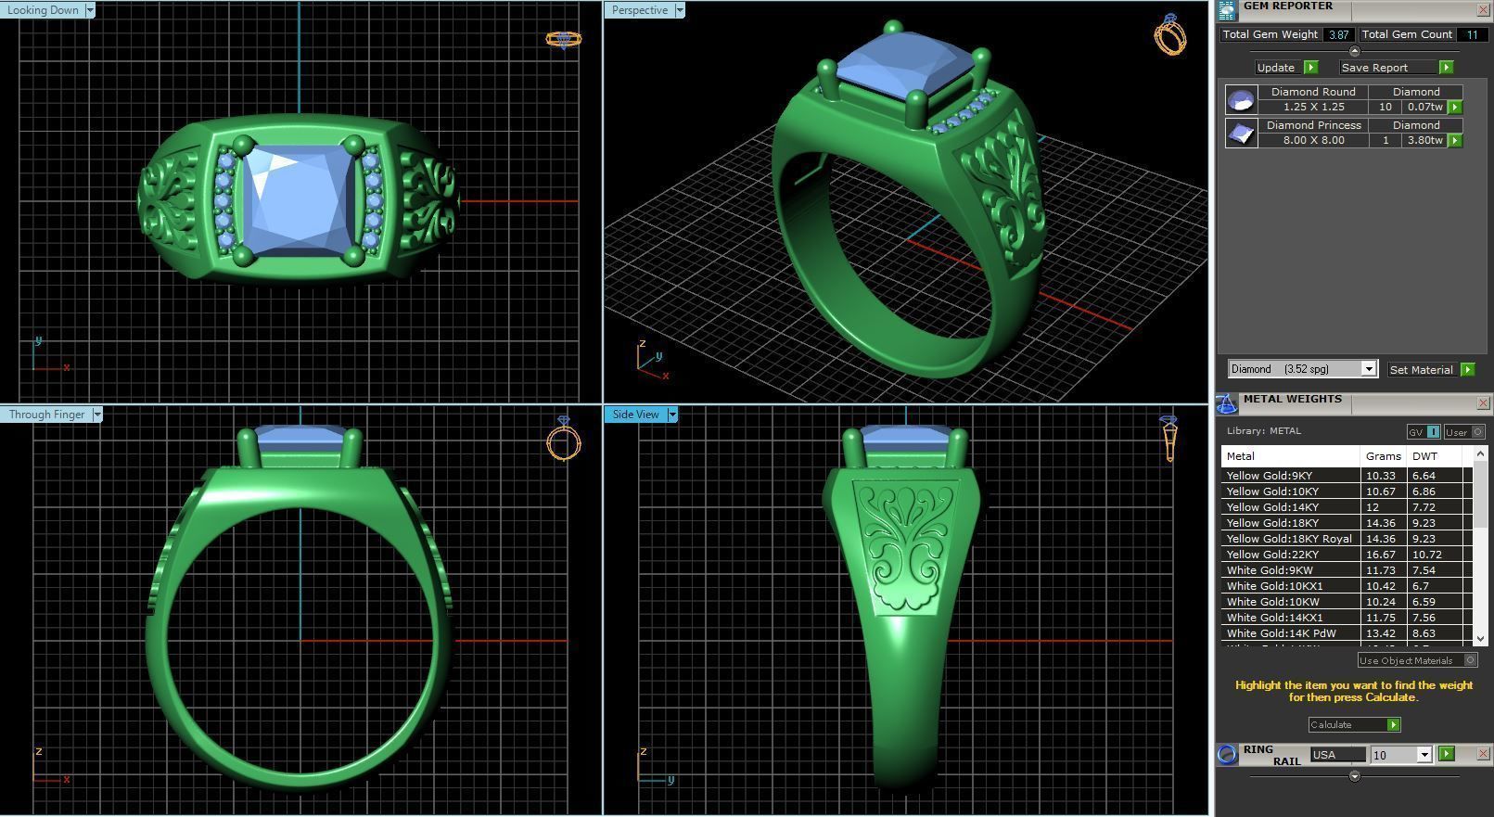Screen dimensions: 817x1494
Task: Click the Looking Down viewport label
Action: (x=43, y=10)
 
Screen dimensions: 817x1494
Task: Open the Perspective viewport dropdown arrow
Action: (x=680, y=10)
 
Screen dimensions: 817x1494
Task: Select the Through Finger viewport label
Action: (x=46, y=415)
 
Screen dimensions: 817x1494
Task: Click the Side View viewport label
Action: (x=635, y=415)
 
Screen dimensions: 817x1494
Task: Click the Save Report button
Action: (x=1375, y=68)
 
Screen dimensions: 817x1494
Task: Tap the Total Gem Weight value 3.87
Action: (x=1338, y=34)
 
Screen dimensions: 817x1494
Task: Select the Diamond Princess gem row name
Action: (x=1313, y=125)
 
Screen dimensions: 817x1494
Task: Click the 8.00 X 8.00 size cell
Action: (x=1313, y=140)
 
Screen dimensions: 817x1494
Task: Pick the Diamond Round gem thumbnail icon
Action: (x=1241, y=99)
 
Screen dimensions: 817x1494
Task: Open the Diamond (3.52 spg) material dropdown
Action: (x=1368, y=369)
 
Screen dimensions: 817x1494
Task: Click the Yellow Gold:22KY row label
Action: (x=1272, y=555)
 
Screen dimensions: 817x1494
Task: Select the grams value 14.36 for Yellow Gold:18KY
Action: (x=1380, y=523)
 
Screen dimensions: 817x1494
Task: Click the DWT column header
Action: (x=1424, y=456)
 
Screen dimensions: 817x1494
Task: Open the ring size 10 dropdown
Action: (x=1424, y=755)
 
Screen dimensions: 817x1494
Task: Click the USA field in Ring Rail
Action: (x=1336, y=755)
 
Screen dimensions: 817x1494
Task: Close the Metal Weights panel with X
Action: (x=1482, y=403)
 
